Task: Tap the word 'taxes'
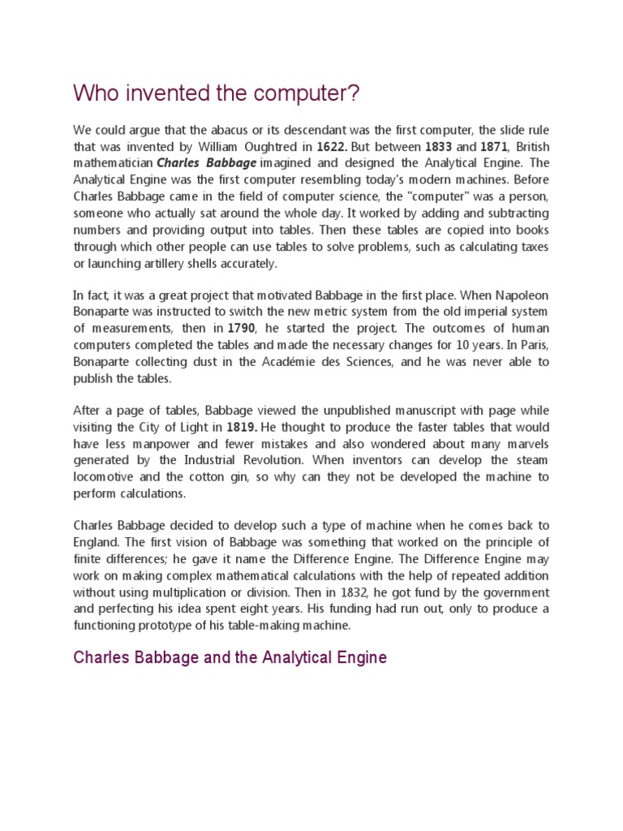pyautogui.click(x=533, y=247)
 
